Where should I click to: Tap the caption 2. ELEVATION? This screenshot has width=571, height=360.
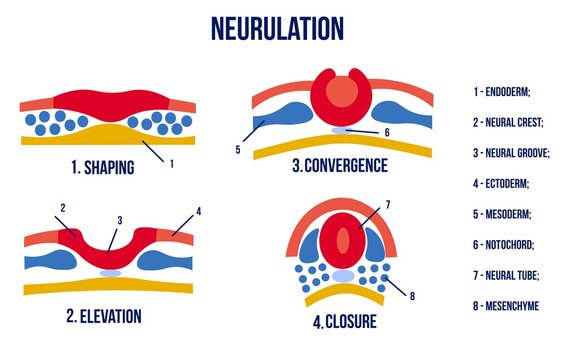[x=104, y=317]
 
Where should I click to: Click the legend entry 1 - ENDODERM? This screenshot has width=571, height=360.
[x=503, y=92]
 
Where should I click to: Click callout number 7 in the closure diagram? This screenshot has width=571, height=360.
[x=387, y=205]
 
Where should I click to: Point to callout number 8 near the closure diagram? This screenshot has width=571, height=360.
[x=410, y=296]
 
